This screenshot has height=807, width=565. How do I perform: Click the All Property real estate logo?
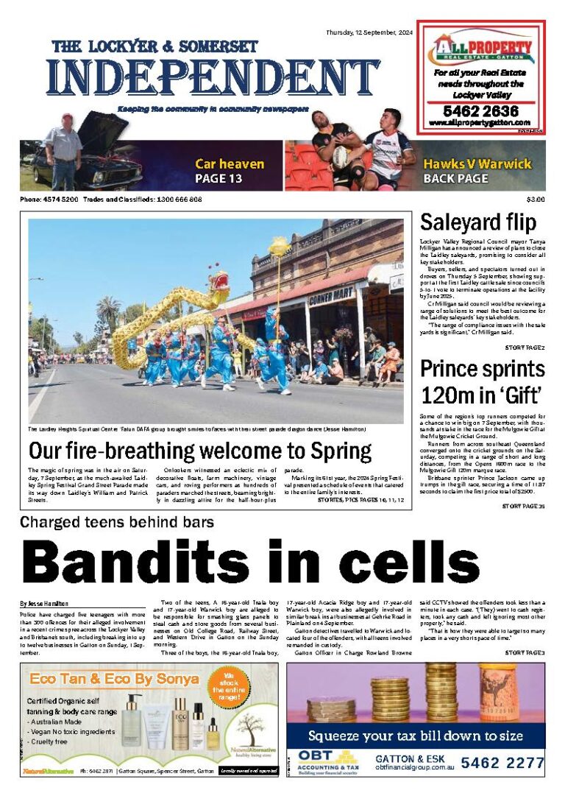tap(482, 50)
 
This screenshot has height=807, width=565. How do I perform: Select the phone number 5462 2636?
tap(481, 111)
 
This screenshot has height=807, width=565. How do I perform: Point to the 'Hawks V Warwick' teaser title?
tap(477, 163)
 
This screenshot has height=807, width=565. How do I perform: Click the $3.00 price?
tap(535, 200)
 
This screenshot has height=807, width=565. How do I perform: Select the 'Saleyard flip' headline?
tap(477, 222)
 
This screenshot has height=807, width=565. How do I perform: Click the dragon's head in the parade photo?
tap(218, 282)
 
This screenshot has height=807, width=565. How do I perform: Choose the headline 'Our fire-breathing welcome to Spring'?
tap(200, 451)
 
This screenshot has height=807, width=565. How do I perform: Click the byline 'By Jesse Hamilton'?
tap(44, 603)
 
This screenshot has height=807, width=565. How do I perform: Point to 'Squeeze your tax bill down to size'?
tap(416, 736)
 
